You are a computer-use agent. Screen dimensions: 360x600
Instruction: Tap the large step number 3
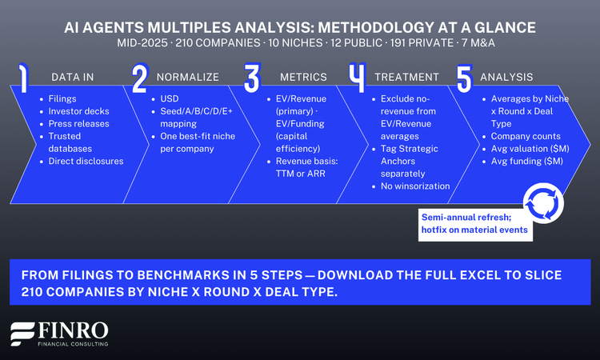point(252,78)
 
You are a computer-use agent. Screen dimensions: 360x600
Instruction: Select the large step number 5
point(464,78)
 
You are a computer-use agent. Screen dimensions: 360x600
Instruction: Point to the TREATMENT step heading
point(406,77)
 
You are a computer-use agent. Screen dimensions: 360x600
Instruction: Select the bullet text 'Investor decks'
point(79,111)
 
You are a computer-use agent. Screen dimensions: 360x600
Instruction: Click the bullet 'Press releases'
point(78,125)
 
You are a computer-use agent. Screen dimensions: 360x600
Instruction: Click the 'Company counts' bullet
point(526,138)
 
